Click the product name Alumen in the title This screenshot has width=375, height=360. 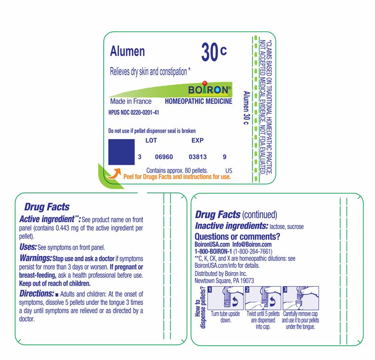click(127, 51)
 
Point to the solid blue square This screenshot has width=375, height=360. click(121, 152)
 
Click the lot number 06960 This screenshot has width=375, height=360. click(164, 157)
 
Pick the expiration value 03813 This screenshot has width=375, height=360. click(198, 157)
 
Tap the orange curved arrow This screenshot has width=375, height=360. click(114, 173)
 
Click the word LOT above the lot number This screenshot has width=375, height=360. click(151, 141)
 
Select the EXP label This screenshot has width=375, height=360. click(197, 141)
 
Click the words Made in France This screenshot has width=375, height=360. click(131, 101)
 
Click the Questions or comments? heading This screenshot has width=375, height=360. click(237, 236)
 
